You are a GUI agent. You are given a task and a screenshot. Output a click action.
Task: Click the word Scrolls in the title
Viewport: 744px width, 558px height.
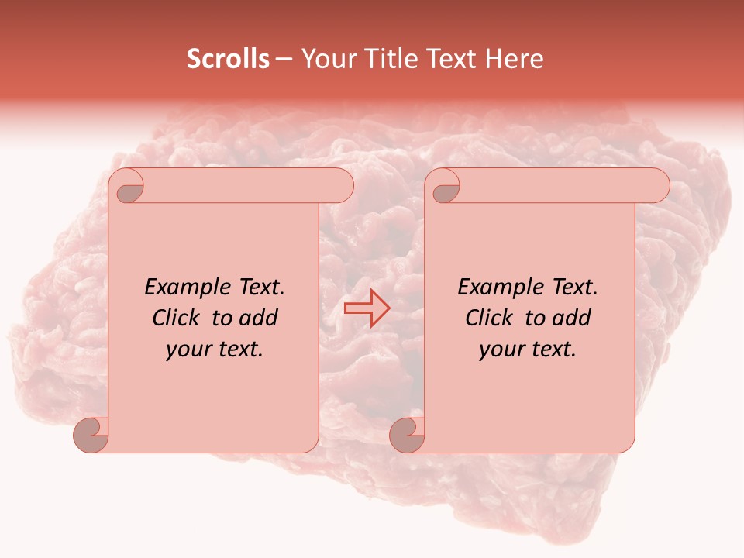point(228,59)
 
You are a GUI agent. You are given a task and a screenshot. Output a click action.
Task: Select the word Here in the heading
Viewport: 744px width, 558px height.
point(514,59)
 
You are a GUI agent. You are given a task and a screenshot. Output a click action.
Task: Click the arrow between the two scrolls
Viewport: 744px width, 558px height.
point(367,308)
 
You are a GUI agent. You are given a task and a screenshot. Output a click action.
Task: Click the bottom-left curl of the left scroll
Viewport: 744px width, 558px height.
point(91,434)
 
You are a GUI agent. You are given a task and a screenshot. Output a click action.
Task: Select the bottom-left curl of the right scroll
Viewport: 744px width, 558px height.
point(407,434)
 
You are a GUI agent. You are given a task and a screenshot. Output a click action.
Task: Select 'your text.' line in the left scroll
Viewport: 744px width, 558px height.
point(215,350)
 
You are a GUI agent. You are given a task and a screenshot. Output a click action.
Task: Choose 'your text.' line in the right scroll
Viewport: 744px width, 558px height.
point(528,350)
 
